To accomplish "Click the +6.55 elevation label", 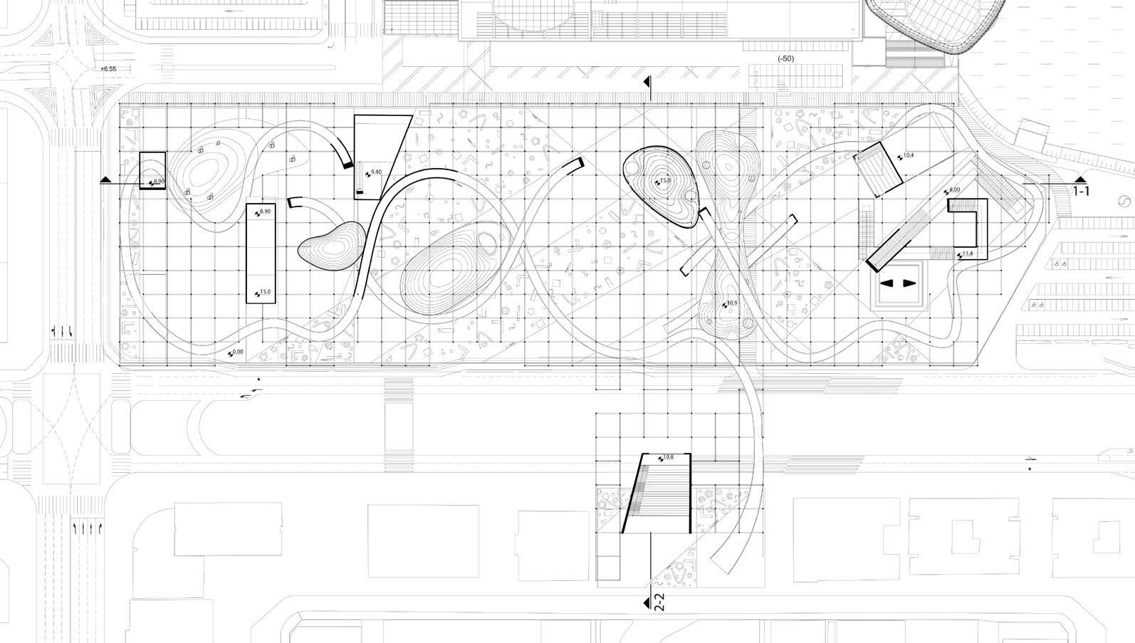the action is click(108, 69).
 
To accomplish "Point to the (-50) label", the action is click(786, 58).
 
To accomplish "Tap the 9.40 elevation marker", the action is click(376, 172).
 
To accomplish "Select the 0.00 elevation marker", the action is click(237, 352).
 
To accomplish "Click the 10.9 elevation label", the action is click(731, 304).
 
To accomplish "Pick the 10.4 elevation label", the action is click(908, 155).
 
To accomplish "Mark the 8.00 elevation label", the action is click(954, 191).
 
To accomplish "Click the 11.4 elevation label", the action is click(967, 253).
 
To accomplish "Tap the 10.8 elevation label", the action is click(667, 457).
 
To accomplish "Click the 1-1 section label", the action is click(1081, 192).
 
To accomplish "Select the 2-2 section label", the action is click(659, 602).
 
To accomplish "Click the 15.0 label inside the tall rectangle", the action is click(265, 293).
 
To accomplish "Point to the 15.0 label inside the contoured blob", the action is click(664, 181).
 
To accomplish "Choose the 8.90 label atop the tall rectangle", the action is click(265, 212).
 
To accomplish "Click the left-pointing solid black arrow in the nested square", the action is click(887, 283).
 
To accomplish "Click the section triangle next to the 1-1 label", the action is click(1080, 179).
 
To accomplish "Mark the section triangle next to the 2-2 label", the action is click(647, 604).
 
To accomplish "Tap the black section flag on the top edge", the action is click(647, 83).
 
